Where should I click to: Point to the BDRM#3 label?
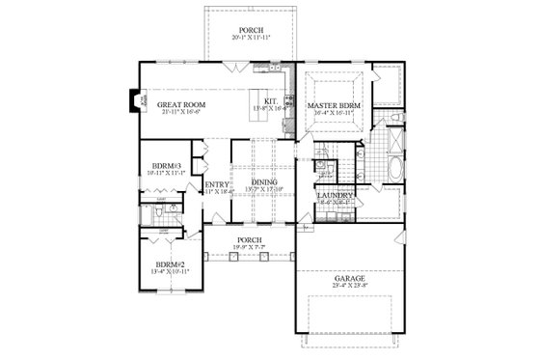[x=160, y=164]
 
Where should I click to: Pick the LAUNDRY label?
[x=333, y=197]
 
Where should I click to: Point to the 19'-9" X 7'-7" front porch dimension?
[x=251, y=246]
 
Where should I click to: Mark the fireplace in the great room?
[x=134, y=99]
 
